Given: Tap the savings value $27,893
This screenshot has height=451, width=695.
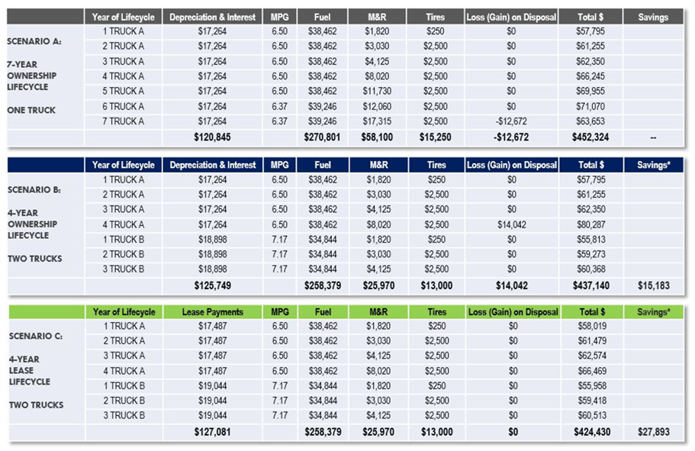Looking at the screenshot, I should (x=652, y=433).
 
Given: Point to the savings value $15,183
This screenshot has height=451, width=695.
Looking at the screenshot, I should (x=652, y=285).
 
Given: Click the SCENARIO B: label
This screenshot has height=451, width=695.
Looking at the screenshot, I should (x=34, y=189).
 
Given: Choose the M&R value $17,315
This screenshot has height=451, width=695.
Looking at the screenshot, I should (x=377, y=121).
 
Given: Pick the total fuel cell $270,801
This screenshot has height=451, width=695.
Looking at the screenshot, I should (x=320, y=138).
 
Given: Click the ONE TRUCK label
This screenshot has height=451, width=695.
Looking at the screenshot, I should (x=31, y=110).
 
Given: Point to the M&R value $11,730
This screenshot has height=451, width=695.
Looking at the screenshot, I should (x=377, y=91).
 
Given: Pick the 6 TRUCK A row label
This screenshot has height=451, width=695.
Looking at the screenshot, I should (x=124, y=106).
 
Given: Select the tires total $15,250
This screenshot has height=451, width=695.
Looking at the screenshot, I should (x=436, y=138).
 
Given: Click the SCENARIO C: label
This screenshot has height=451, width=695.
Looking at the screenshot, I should (x=34, y=336).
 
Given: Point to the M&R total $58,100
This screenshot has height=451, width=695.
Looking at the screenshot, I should (x=377, y=138).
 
